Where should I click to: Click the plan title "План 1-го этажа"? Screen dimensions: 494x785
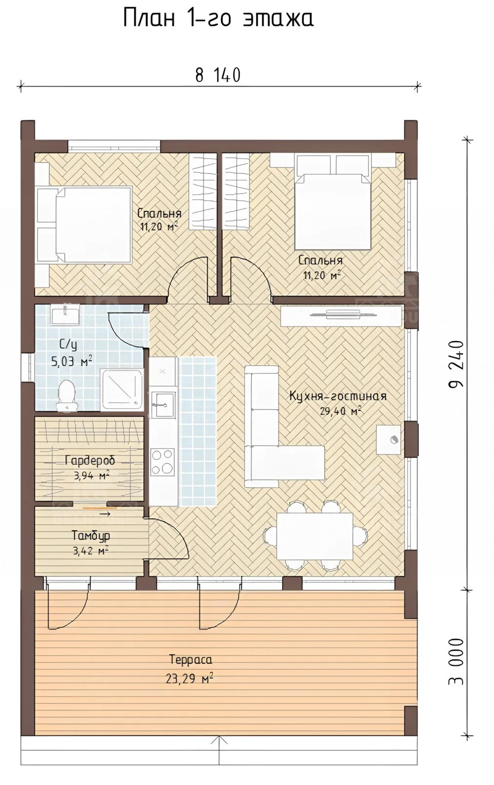point(218,19)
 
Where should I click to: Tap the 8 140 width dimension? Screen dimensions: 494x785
point(218,75)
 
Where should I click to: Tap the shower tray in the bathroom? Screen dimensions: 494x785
point(122,389)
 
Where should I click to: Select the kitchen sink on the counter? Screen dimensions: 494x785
point(163,405)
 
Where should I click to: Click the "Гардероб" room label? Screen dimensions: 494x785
point(90,460)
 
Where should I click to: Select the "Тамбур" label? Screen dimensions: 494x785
point(91,536)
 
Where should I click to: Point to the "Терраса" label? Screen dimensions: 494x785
point(191,660)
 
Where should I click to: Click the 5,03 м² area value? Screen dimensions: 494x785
point(72,361)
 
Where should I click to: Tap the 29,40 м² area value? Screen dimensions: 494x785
point(340,411)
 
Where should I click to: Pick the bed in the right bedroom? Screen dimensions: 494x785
point(333,203)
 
